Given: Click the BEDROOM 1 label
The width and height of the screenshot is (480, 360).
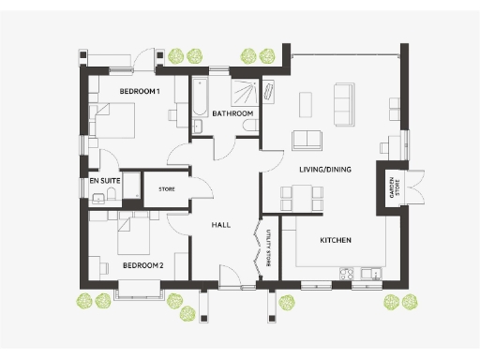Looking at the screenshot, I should coord(140,91).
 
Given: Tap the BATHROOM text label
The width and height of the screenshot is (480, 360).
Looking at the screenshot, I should coord(232,113).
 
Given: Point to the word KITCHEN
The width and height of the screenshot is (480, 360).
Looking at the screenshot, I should coord(336,241).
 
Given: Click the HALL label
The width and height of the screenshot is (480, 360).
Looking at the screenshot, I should coord(221,225).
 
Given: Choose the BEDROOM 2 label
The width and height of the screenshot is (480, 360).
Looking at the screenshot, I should coord(142,265).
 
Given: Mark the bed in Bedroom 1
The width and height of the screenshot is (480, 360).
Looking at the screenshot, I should coord(113,120).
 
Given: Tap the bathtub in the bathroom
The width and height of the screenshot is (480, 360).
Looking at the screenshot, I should coord(199,105).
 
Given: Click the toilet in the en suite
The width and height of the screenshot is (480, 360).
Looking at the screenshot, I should coord(112,195).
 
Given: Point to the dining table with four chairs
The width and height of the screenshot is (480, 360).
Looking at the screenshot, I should coord(302,198).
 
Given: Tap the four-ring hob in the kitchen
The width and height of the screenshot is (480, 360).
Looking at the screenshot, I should coord(346,275).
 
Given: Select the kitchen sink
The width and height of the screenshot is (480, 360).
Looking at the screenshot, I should coord(372,275).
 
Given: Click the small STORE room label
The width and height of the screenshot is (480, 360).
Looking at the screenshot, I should coord(166,189).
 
